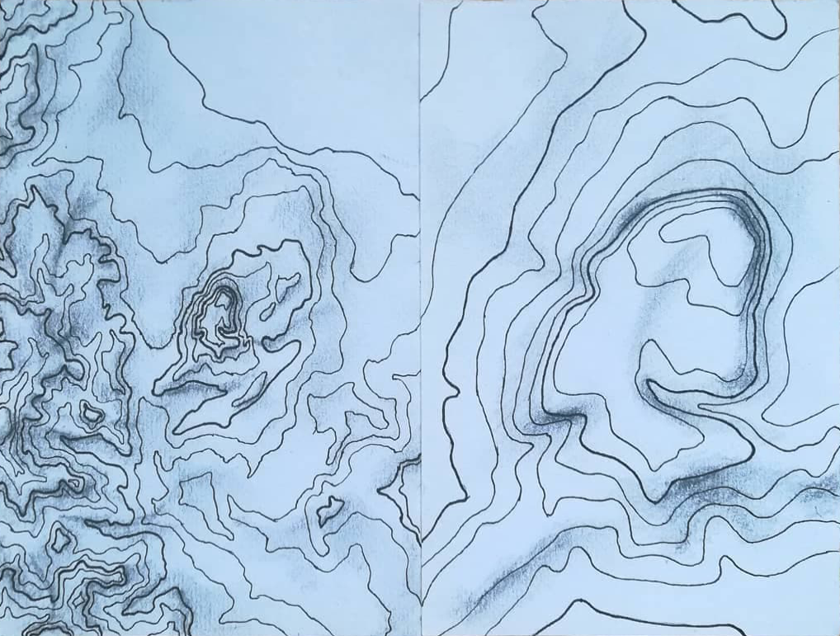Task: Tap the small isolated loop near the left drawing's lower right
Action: [330, 510]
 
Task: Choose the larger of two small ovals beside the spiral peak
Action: [286, 285]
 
